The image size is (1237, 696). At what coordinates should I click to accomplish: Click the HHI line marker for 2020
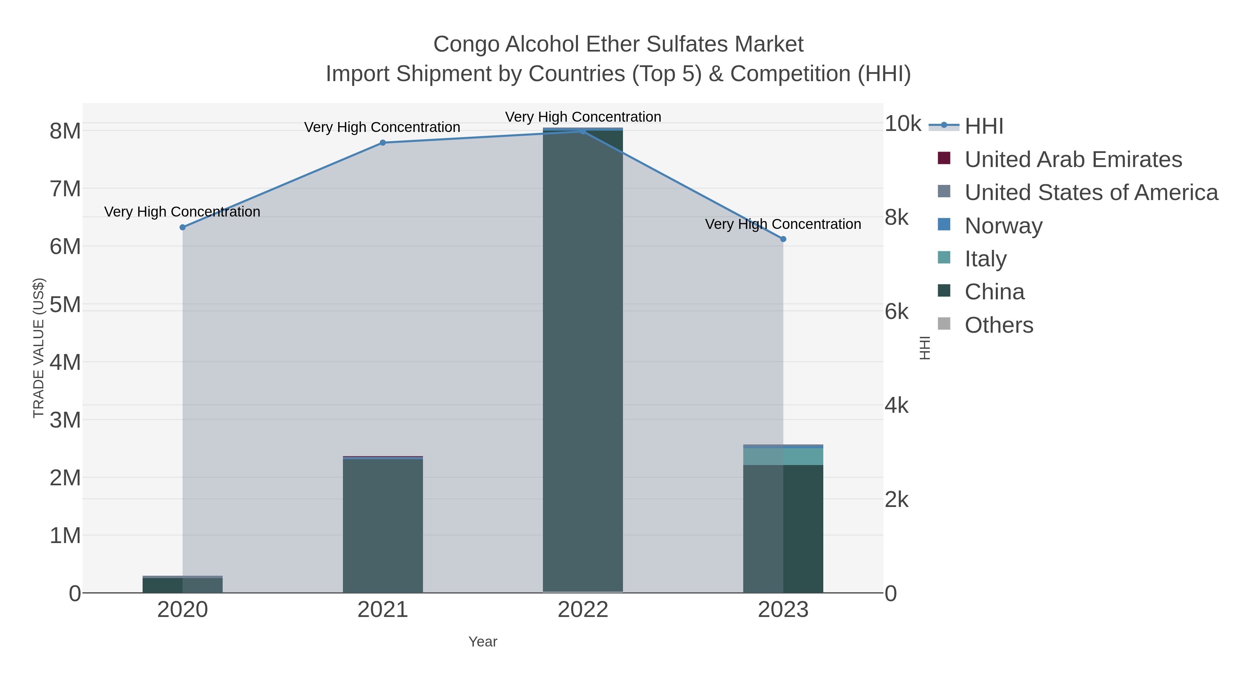[x=182, y=227]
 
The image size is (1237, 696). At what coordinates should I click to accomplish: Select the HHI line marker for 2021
[x=383, y=143]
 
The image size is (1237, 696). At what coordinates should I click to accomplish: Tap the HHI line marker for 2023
[x=783, y=239]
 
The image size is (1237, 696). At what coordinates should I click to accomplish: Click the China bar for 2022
[x=583, y=360]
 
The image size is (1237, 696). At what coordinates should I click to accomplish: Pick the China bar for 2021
[x=383, y=526]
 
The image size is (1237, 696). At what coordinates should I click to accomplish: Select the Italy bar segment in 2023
[x=783, y=456]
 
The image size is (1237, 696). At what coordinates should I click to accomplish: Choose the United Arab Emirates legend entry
[x=1073, y=159]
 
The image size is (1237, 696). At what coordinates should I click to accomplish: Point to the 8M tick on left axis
[x=65, y=131]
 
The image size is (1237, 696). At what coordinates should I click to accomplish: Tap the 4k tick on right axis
[x=896, y=406]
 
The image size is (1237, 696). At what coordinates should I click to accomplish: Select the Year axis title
[x=483, y=641]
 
